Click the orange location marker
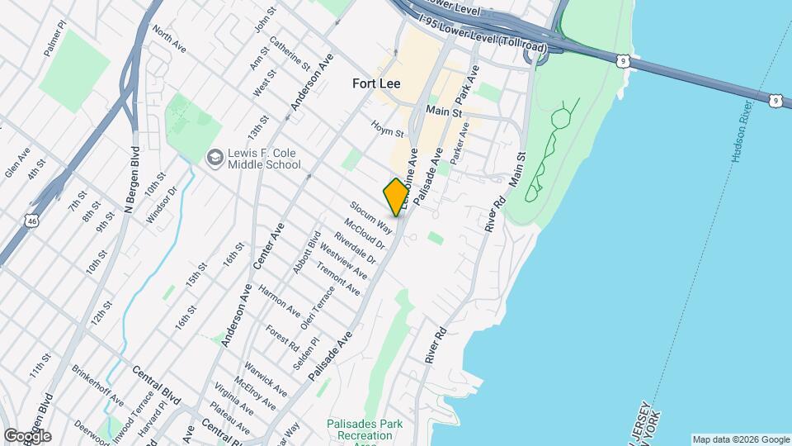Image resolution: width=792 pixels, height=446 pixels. pos(396,197)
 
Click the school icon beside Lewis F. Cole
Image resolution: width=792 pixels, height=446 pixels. pos(214,157)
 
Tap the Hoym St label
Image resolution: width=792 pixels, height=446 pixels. pos(387,129)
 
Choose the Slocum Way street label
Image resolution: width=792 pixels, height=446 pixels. pos(370,216)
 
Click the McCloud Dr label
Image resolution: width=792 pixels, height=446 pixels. pos(365,233)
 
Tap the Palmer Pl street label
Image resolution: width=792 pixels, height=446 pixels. pos(54,38)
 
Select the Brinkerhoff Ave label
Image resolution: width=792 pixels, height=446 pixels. pos(98,387)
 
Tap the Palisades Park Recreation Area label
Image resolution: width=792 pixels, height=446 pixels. pos(364,430)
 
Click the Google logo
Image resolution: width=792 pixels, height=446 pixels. pos(26,436)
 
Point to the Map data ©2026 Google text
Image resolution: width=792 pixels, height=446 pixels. pos(740,439)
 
